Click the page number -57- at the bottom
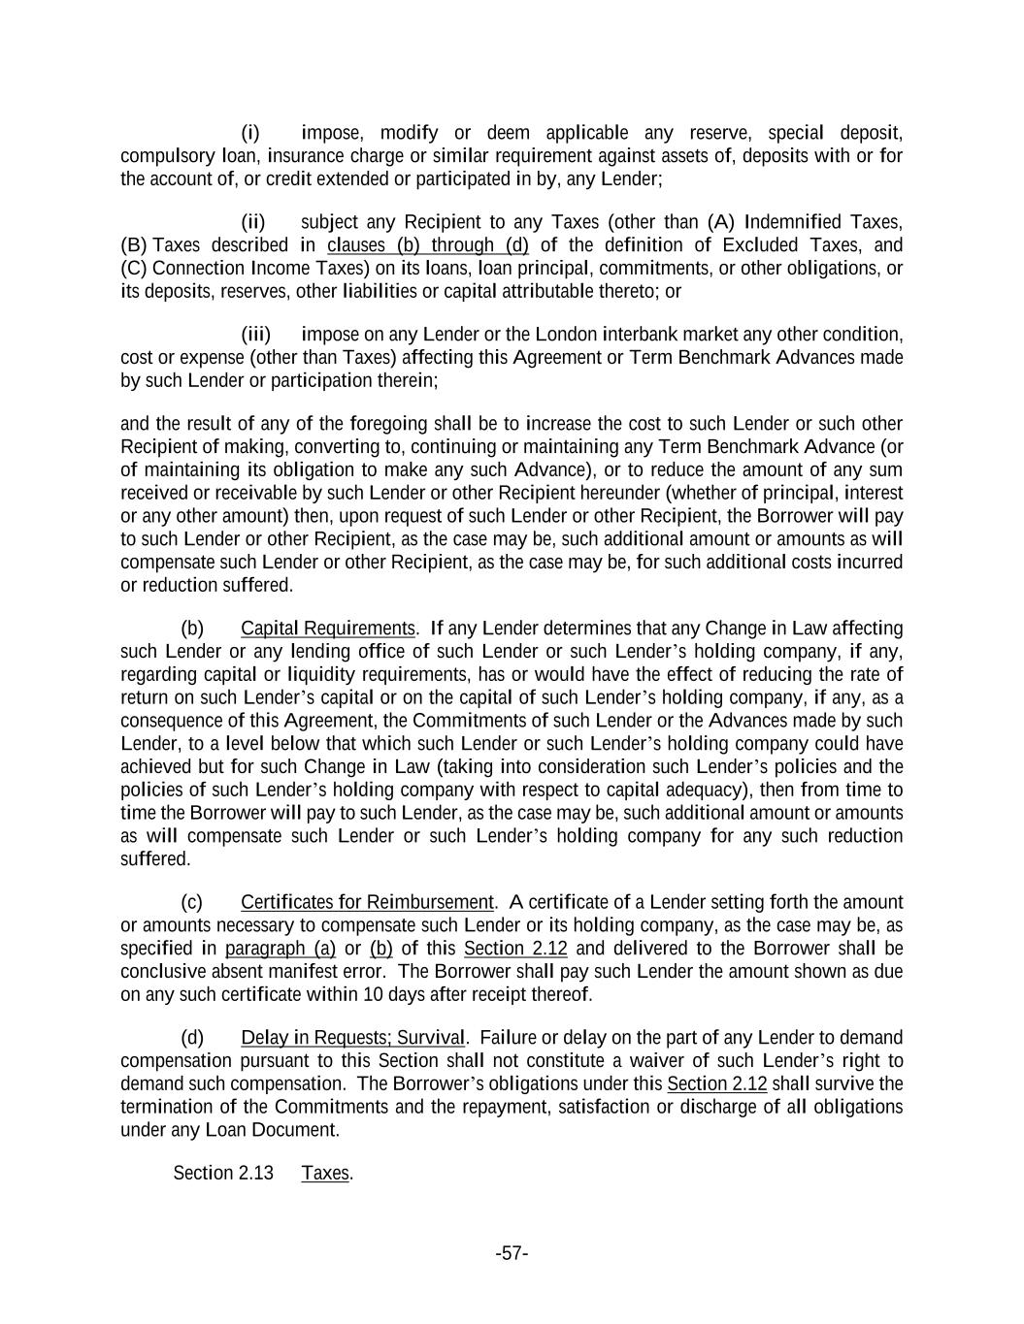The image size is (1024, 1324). click(x=512, y=1253)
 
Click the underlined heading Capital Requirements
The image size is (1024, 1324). click(x=328, y=629)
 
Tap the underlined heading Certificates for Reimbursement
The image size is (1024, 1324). click(x=367, y=902)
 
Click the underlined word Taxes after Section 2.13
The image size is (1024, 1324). click(x=325, y=1173)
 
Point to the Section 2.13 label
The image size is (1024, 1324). click(x=223, y=1173)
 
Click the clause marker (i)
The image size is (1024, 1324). click(x=250, y=133)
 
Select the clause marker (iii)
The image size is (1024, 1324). click(x=255, y=335)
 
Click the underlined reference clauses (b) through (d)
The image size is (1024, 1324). click(x=428, y=245)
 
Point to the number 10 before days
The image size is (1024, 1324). click(x=373, y=994)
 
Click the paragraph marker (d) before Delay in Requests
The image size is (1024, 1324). click(x=192, y=1038)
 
